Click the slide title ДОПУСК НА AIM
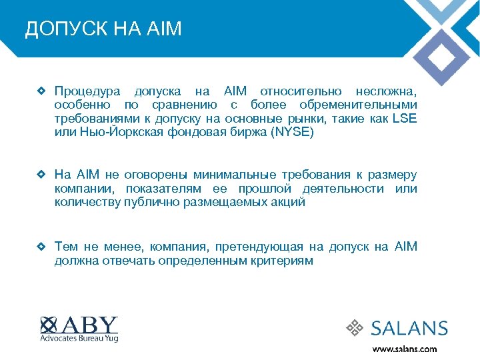coord(103,30)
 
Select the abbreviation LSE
coord(404,119)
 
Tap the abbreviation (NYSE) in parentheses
coord(292,133)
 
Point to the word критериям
coord(280,261)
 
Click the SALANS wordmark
coord(409,328)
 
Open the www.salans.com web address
coord(404,349)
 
